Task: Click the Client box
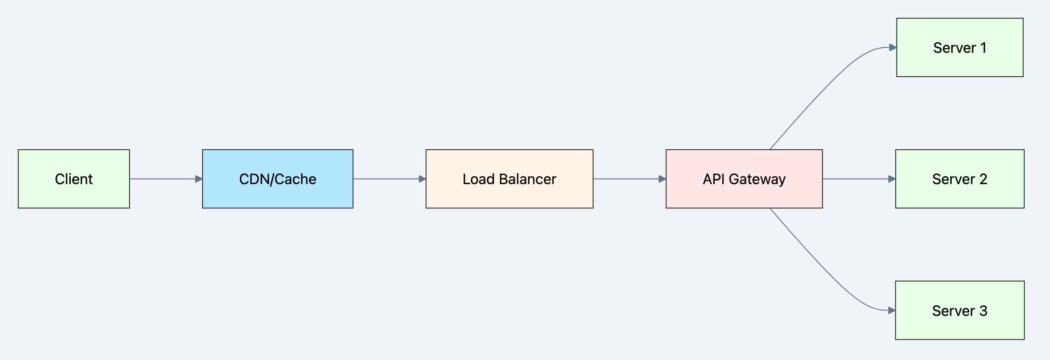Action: click(74, 179)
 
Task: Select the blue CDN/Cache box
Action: click(277, 179)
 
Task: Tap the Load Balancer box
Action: click(509, 179)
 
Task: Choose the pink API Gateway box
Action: click(744, 179)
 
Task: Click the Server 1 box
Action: click(960, 47)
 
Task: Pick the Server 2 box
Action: click(960, 179)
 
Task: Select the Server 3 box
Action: click(960, 310)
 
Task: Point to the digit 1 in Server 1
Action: click(983, 48)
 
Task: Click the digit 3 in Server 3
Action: click(983, 311)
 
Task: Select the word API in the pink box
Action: click(713, 179)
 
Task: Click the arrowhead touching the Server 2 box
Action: click(892, 179)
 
